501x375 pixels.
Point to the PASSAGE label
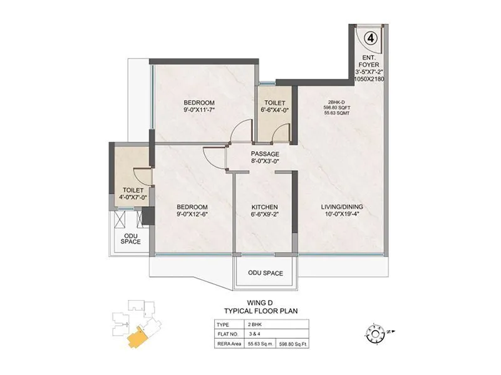click(265, 154)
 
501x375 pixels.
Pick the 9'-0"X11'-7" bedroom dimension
click(199, 111)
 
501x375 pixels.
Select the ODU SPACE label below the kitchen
click(266, 273)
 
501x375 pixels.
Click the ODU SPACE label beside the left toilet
click(130, 237)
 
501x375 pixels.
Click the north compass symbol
click(374, 331)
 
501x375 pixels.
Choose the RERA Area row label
click(227, 343)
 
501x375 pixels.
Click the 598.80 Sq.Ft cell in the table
click(297, 343)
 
